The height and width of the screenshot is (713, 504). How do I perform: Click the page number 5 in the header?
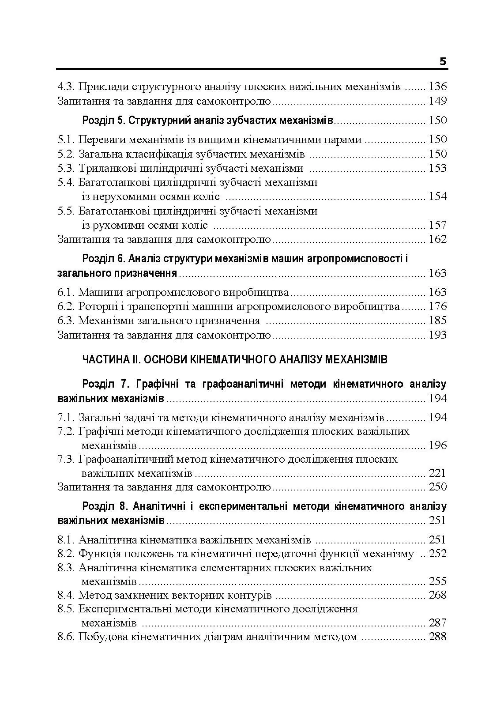(x=443, y=62)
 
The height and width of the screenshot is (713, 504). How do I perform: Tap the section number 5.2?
(x=67, y=154)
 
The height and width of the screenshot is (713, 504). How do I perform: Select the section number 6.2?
(x=67, y=306)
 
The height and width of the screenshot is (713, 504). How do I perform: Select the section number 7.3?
(x=67, y=460)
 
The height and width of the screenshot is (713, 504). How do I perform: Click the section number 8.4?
(x=67, y=595)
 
